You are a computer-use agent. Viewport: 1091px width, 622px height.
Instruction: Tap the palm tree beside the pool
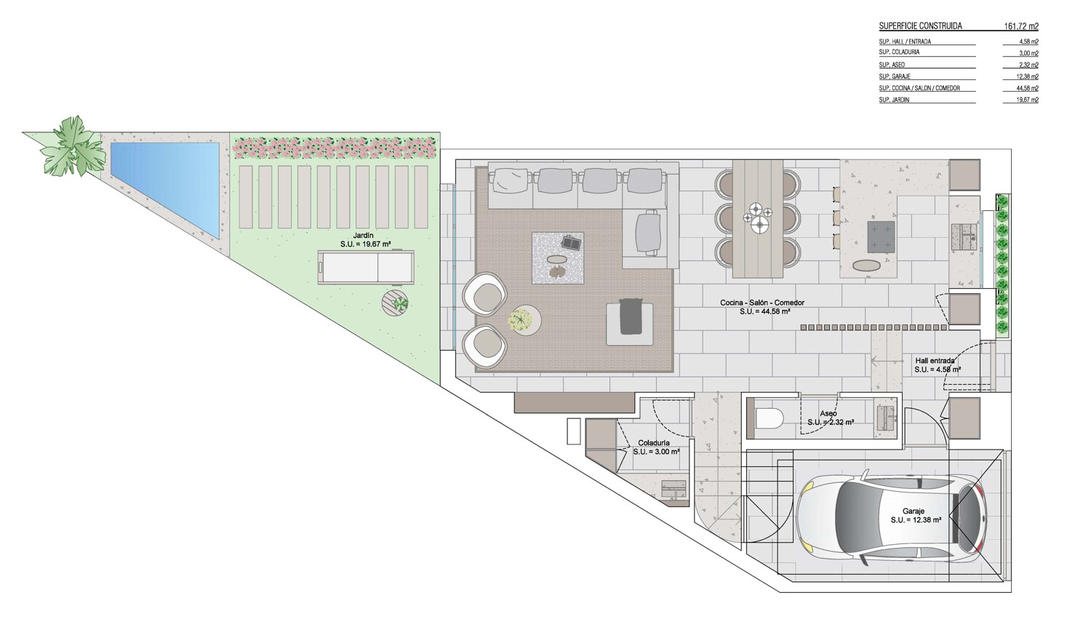(x=73, y=146)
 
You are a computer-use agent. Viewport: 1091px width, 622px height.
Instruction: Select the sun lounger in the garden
(x=366, y=266)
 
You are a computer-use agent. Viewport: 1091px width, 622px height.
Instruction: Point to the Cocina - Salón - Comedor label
(x=762, y=303)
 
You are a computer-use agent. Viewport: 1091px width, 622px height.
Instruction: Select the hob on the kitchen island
(x=881, y=236)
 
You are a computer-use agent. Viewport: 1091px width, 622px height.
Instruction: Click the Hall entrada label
(x=935, y=361)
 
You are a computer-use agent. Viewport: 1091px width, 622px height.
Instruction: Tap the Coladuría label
(x=654, y=443)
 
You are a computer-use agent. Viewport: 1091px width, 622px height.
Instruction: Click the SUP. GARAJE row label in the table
(x=895, y=76)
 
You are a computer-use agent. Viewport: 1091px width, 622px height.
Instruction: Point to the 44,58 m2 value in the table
(x=1028, y=88)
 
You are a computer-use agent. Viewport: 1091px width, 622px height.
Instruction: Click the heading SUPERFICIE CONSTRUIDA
(x=921, y=26)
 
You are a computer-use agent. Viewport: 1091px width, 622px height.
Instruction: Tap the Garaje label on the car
(x=914, y=511)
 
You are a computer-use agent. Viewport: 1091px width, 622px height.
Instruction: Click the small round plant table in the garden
(x=395, y=303)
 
